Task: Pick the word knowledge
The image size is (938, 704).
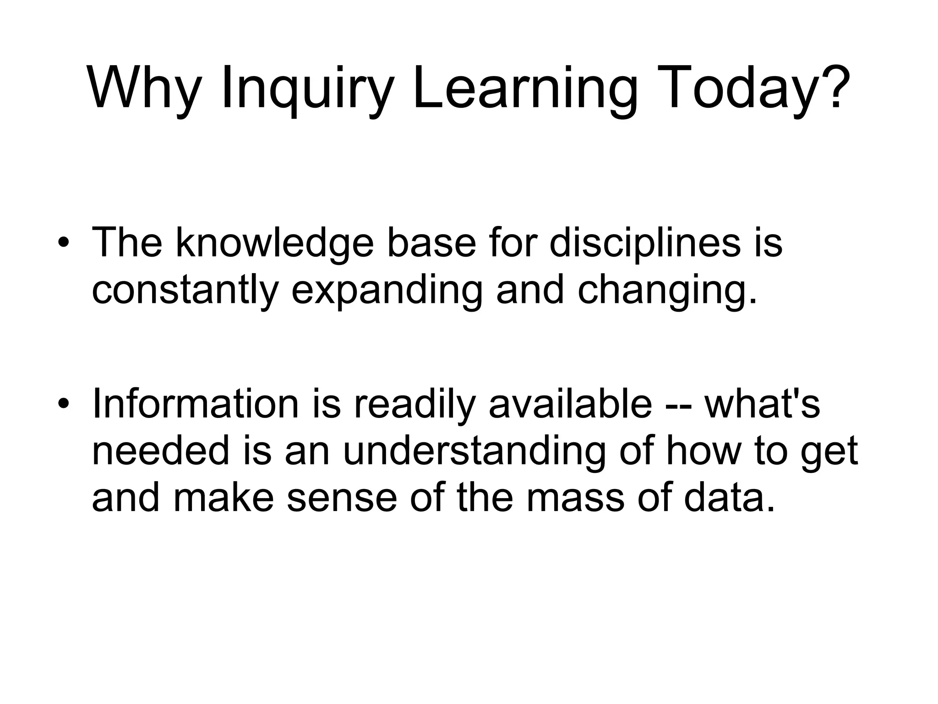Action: point(275,243)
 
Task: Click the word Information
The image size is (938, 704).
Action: point(195,403)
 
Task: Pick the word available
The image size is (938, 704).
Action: point(570,403)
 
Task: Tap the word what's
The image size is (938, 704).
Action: point(763,403)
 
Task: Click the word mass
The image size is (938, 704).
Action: point(575,498)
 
